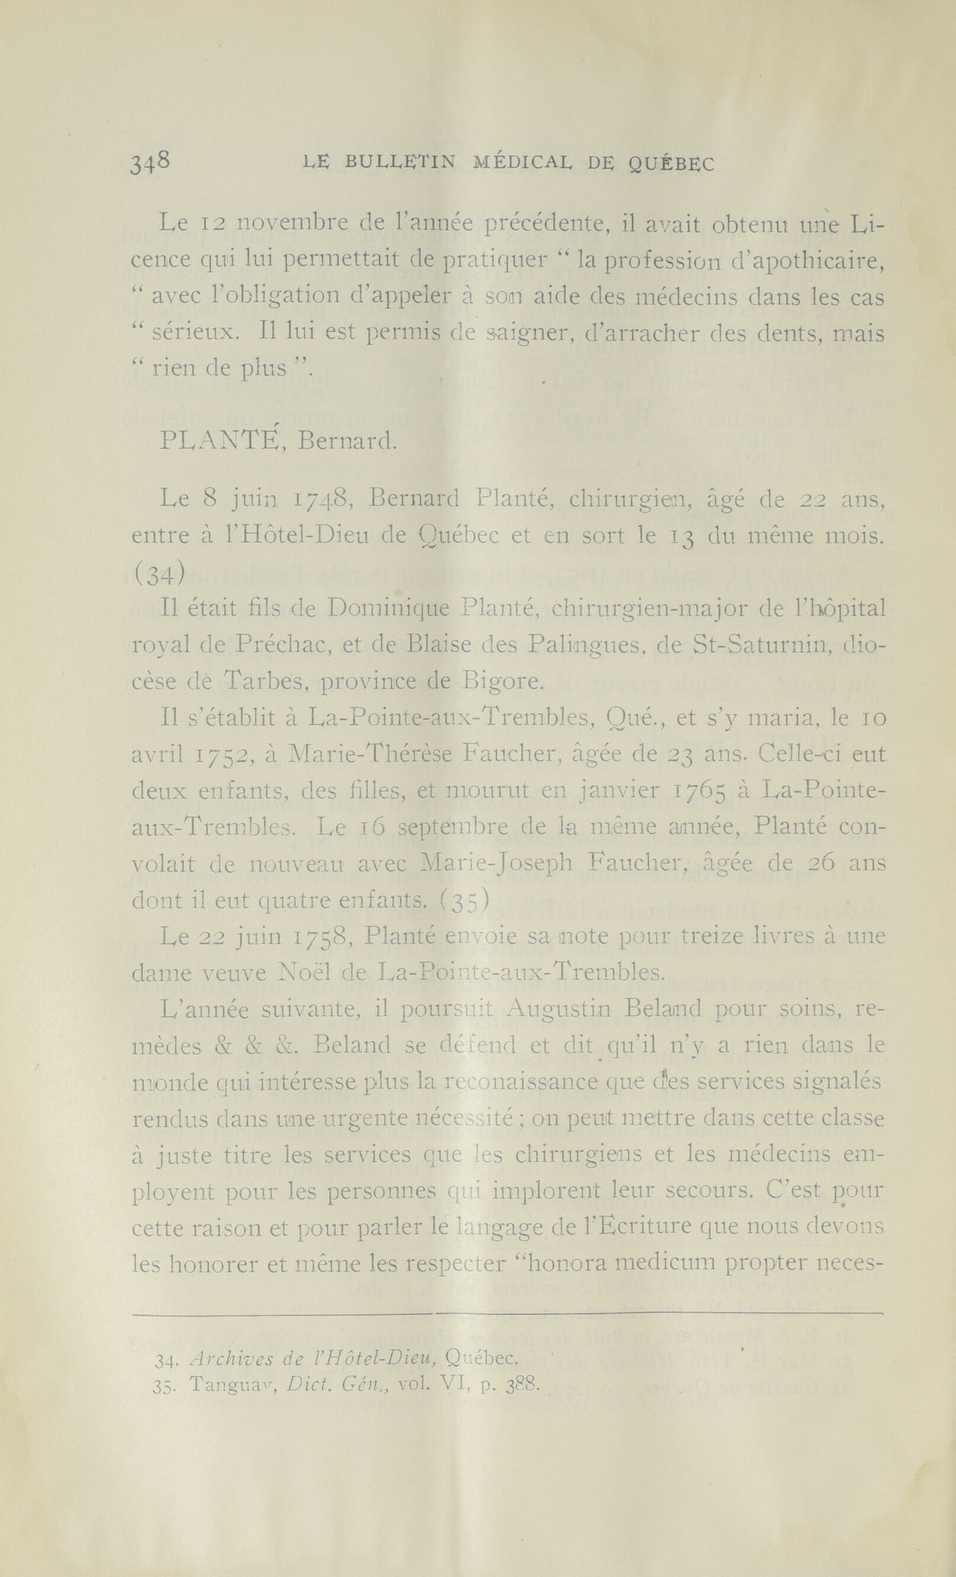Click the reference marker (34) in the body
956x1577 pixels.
click(158, 573)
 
